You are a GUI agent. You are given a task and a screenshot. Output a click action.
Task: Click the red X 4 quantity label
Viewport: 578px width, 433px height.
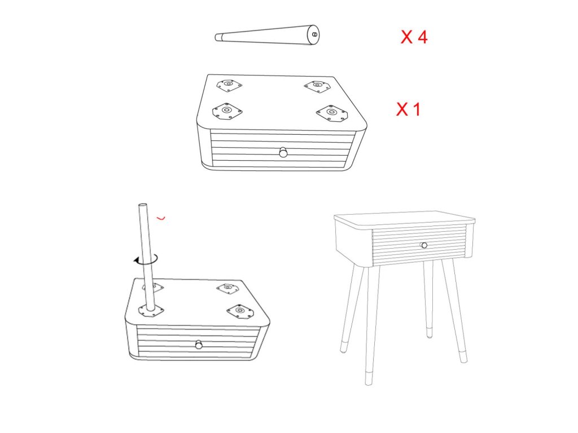[414, 37]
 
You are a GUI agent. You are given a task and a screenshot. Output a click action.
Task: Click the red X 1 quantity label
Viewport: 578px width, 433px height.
[408, 109]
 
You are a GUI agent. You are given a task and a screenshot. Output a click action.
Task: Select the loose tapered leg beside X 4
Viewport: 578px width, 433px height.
[267, 36]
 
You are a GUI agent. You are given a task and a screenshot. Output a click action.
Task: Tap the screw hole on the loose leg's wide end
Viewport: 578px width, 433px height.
[314, 34]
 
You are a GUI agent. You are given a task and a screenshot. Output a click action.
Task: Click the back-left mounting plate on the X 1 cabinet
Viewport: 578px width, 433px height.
[229, 85]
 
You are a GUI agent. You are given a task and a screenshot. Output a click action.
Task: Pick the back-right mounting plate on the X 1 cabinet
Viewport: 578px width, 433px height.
[317, 86]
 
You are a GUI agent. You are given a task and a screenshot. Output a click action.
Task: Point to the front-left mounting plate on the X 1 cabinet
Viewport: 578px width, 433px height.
[227, 111]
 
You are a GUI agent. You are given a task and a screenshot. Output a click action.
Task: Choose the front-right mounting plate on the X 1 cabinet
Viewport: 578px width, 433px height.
[332, 113]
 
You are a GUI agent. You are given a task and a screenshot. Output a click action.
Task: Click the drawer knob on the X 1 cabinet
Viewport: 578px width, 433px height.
[283, 152]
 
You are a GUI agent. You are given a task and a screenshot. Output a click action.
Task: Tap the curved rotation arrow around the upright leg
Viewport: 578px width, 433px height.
[146, 261]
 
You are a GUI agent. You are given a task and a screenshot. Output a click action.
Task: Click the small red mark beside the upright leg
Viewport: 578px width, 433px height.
[161, 218]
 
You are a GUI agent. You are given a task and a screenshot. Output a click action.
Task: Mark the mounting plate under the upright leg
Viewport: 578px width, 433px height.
[151, 311]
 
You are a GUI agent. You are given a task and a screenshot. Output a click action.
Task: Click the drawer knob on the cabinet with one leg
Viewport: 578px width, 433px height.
[199, 345]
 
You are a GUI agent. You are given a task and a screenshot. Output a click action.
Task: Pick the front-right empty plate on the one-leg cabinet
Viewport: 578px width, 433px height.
[240, 312]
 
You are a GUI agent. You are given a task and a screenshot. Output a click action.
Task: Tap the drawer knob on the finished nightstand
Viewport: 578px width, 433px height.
[424, 245]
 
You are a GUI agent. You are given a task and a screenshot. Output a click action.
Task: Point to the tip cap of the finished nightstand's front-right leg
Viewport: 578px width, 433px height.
[463, 356]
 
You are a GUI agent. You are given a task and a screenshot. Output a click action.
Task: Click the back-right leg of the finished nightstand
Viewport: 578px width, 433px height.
[428, 299]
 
